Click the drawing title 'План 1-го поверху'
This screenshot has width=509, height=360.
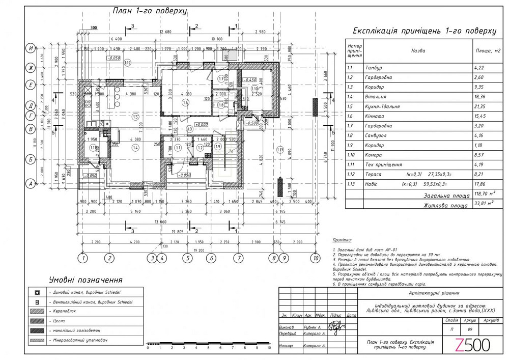click(149, 11)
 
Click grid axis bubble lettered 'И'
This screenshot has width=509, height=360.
click(31, 48)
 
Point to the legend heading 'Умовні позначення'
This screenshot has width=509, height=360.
click(86, 280)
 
